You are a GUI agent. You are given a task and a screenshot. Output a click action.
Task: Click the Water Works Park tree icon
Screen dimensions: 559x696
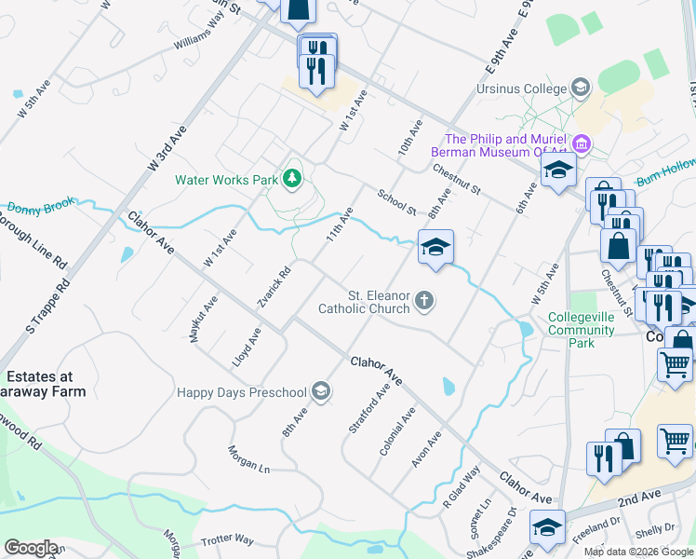pos(293,177)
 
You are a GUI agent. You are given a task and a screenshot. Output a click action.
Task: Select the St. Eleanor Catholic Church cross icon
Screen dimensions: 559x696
pos(424,300)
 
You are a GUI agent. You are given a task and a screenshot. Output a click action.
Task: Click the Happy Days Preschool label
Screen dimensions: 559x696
pos(242,390)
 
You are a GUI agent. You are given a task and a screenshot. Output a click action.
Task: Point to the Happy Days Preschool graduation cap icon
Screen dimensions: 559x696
pos(321,390)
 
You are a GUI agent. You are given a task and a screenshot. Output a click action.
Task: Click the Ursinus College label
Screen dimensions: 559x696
pos(520,89)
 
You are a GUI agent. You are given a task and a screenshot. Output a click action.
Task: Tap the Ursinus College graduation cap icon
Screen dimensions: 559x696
pos(581,89)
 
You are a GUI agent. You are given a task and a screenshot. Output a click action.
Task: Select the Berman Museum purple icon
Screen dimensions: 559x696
pos(582,144)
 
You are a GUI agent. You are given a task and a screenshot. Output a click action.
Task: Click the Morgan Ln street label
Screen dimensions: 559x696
pos(248,458)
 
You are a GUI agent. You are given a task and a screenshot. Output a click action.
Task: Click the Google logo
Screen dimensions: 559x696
pos(31,548)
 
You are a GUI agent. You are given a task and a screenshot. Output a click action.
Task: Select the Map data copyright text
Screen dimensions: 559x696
pos(637,552)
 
